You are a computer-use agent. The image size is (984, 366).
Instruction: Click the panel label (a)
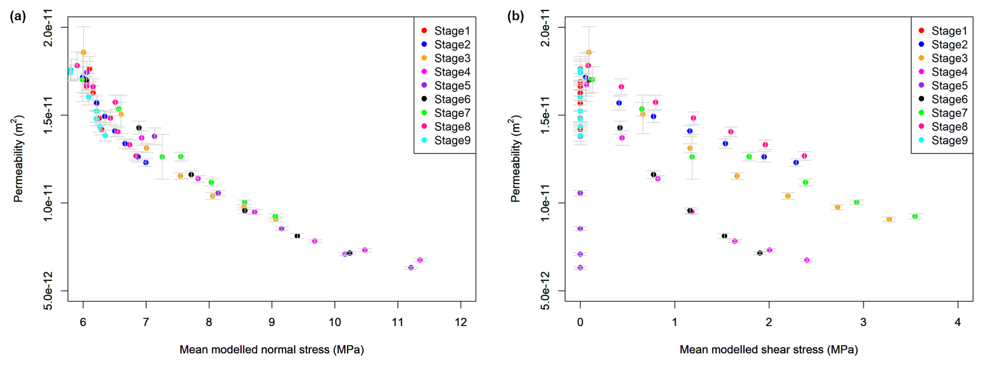tap(18, 16)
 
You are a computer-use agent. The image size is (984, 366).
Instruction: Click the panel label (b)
tap(515, 16)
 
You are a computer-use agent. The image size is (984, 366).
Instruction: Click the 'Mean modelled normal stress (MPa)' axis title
tap(272, 350)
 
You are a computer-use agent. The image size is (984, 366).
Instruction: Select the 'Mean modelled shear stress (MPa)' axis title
tap(768, 350)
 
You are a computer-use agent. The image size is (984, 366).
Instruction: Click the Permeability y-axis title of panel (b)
tap(515, 159)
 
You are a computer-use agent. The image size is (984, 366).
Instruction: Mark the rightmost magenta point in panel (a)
tap(420, 260)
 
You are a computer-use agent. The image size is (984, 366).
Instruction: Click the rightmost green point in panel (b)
tap(915, 217)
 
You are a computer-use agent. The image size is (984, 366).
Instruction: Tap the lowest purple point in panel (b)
tap(580, 268)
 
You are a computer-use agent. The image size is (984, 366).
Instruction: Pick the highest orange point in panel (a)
tap(83, 52)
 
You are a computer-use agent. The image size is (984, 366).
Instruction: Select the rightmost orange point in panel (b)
tap(889, 219)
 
